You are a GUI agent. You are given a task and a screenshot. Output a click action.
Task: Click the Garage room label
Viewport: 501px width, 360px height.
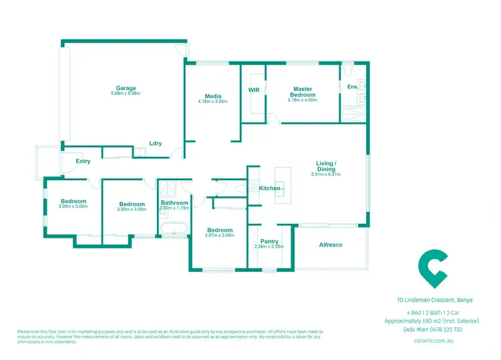point(126,88)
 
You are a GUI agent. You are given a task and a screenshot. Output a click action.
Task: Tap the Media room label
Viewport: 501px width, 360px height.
point(213,96)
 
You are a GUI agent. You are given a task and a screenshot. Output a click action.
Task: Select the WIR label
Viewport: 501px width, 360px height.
point(254,89)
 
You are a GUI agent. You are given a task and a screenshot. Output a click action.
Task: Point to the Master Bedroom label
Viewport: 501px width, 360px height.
point(302,92)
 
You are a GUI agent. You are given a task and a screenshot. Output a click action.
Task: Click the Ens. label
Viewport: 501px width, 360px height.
point(352,87)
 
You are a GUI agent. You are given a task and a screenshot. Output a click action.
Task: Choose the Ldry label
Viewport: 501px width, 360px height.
point(156,143)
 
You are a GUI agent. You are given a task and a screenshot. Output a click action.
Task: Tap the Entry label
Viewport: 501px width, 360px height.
point(83,161)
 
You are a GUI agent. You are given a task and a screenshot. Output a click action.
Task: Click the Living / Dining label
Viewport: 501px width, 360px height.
point(326,166)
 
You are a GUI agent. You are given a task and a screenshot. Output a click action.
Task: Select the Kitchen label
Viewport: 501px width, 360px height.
point(270,188)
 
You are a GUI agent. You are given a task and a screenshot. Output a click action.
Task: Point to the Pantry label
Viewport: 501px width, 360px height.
point(269,241)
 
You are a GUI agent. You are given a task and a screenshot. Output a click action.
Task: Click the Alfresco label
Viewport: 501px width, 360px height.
point(331,245)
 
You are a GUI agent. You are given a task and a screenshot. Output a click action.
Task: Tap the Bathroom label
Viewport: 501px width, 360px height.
point(174,203)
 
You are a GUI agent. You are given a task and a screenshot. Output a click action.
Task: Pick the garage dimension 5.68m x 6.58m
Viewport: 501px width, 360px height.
point(126,94)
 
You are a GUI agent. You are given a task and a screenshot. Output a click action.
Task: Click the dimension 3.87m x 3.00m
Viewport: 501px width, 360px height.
point(219,235)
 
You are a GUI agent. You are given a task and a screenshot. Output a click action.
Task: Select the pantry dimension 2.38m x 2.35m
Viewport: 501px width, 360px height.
point(269,246)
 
